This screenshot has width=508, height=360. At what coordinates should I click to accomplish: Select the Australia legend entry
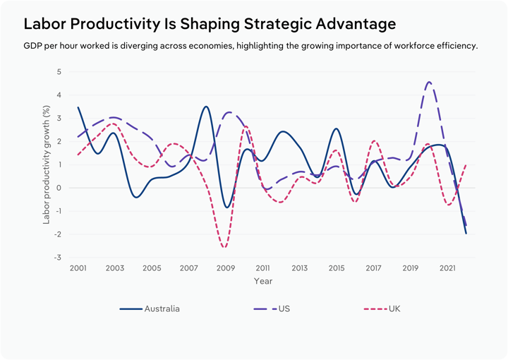(x=162, y=308)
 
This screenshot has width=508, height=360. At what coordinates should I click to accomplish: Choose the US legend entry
(x=284, y=308)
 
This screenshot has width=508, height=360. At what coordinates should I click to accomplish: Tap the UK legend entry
(x=395, y=308)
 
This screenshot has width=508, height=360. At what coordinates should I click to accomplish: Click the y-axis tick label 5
(x=59, y=72)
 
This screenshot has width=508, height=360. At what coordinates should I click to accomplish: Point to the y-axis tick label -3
(x=58, y=258)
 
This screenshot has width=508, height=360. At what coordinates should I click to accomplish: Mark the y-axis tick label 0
(x=59, y=188)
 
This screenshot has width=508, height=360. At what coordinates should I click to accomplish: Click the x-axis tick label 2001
(x=78, y=269)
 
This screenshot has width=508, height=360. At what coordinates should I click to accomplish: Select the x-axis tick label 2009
(x=225, y=269)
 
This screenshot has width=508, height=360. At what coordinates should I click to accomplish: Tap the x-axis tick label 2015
(x=336, y=269)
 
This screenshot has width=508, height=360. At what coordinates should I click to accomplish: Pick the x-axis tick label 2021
(x=446, y=269)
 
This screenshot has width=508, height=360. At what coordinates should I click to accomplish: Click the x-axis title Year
(x=262, y=281)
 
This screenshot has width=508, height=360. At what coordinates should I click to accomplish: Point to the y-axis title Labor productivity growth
(x=47, y=164)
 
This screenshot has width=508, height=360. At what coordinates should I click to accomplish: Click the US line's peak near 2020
(x=429, y=82)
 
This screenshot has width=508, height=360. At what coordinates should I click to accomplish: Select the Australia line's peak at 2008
(x=206, y=107)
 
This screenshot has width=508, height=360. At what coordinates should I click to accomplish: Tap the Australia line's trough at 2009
(x=226, y=208)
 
